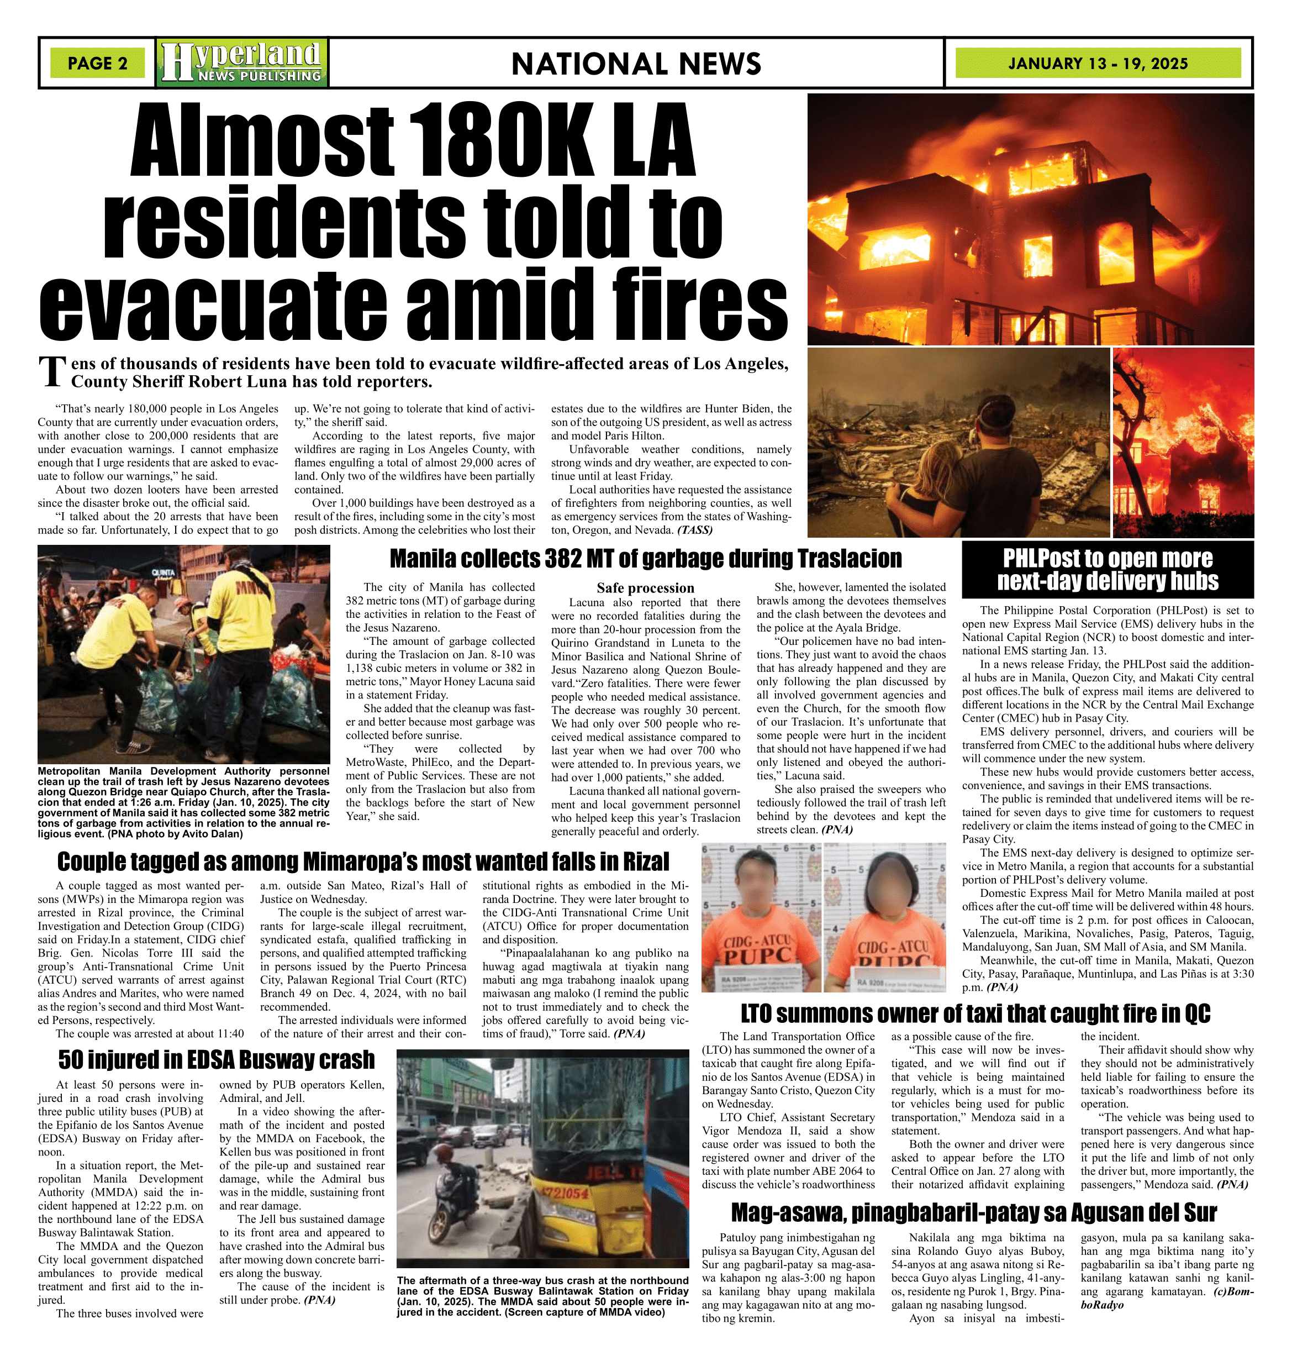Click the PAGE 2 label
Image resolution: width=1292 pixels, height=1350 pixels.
(98, 64)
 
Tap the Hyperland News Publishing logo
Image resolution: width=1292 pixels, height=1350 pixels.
(242, 62)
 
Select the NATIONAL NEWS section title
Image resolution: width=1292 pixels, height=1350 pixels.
(636, 64)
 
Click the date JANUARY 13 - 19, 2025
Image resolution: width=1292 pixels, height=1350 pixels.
(1098, 64)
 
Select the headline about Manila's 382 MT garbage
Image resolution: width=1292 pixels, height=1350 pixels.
(646, 559)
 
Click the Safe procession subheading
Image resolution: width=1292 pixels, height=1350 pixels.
(645, 587)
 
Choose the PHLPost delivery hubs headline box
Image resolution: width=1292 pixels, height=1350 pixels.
(1108, 570)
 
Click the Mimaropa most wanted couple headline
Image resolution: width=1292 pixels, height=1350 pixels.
(363, 862)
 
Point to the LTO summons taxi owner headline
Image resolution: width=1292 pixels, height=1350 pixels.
(975, 1014)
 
